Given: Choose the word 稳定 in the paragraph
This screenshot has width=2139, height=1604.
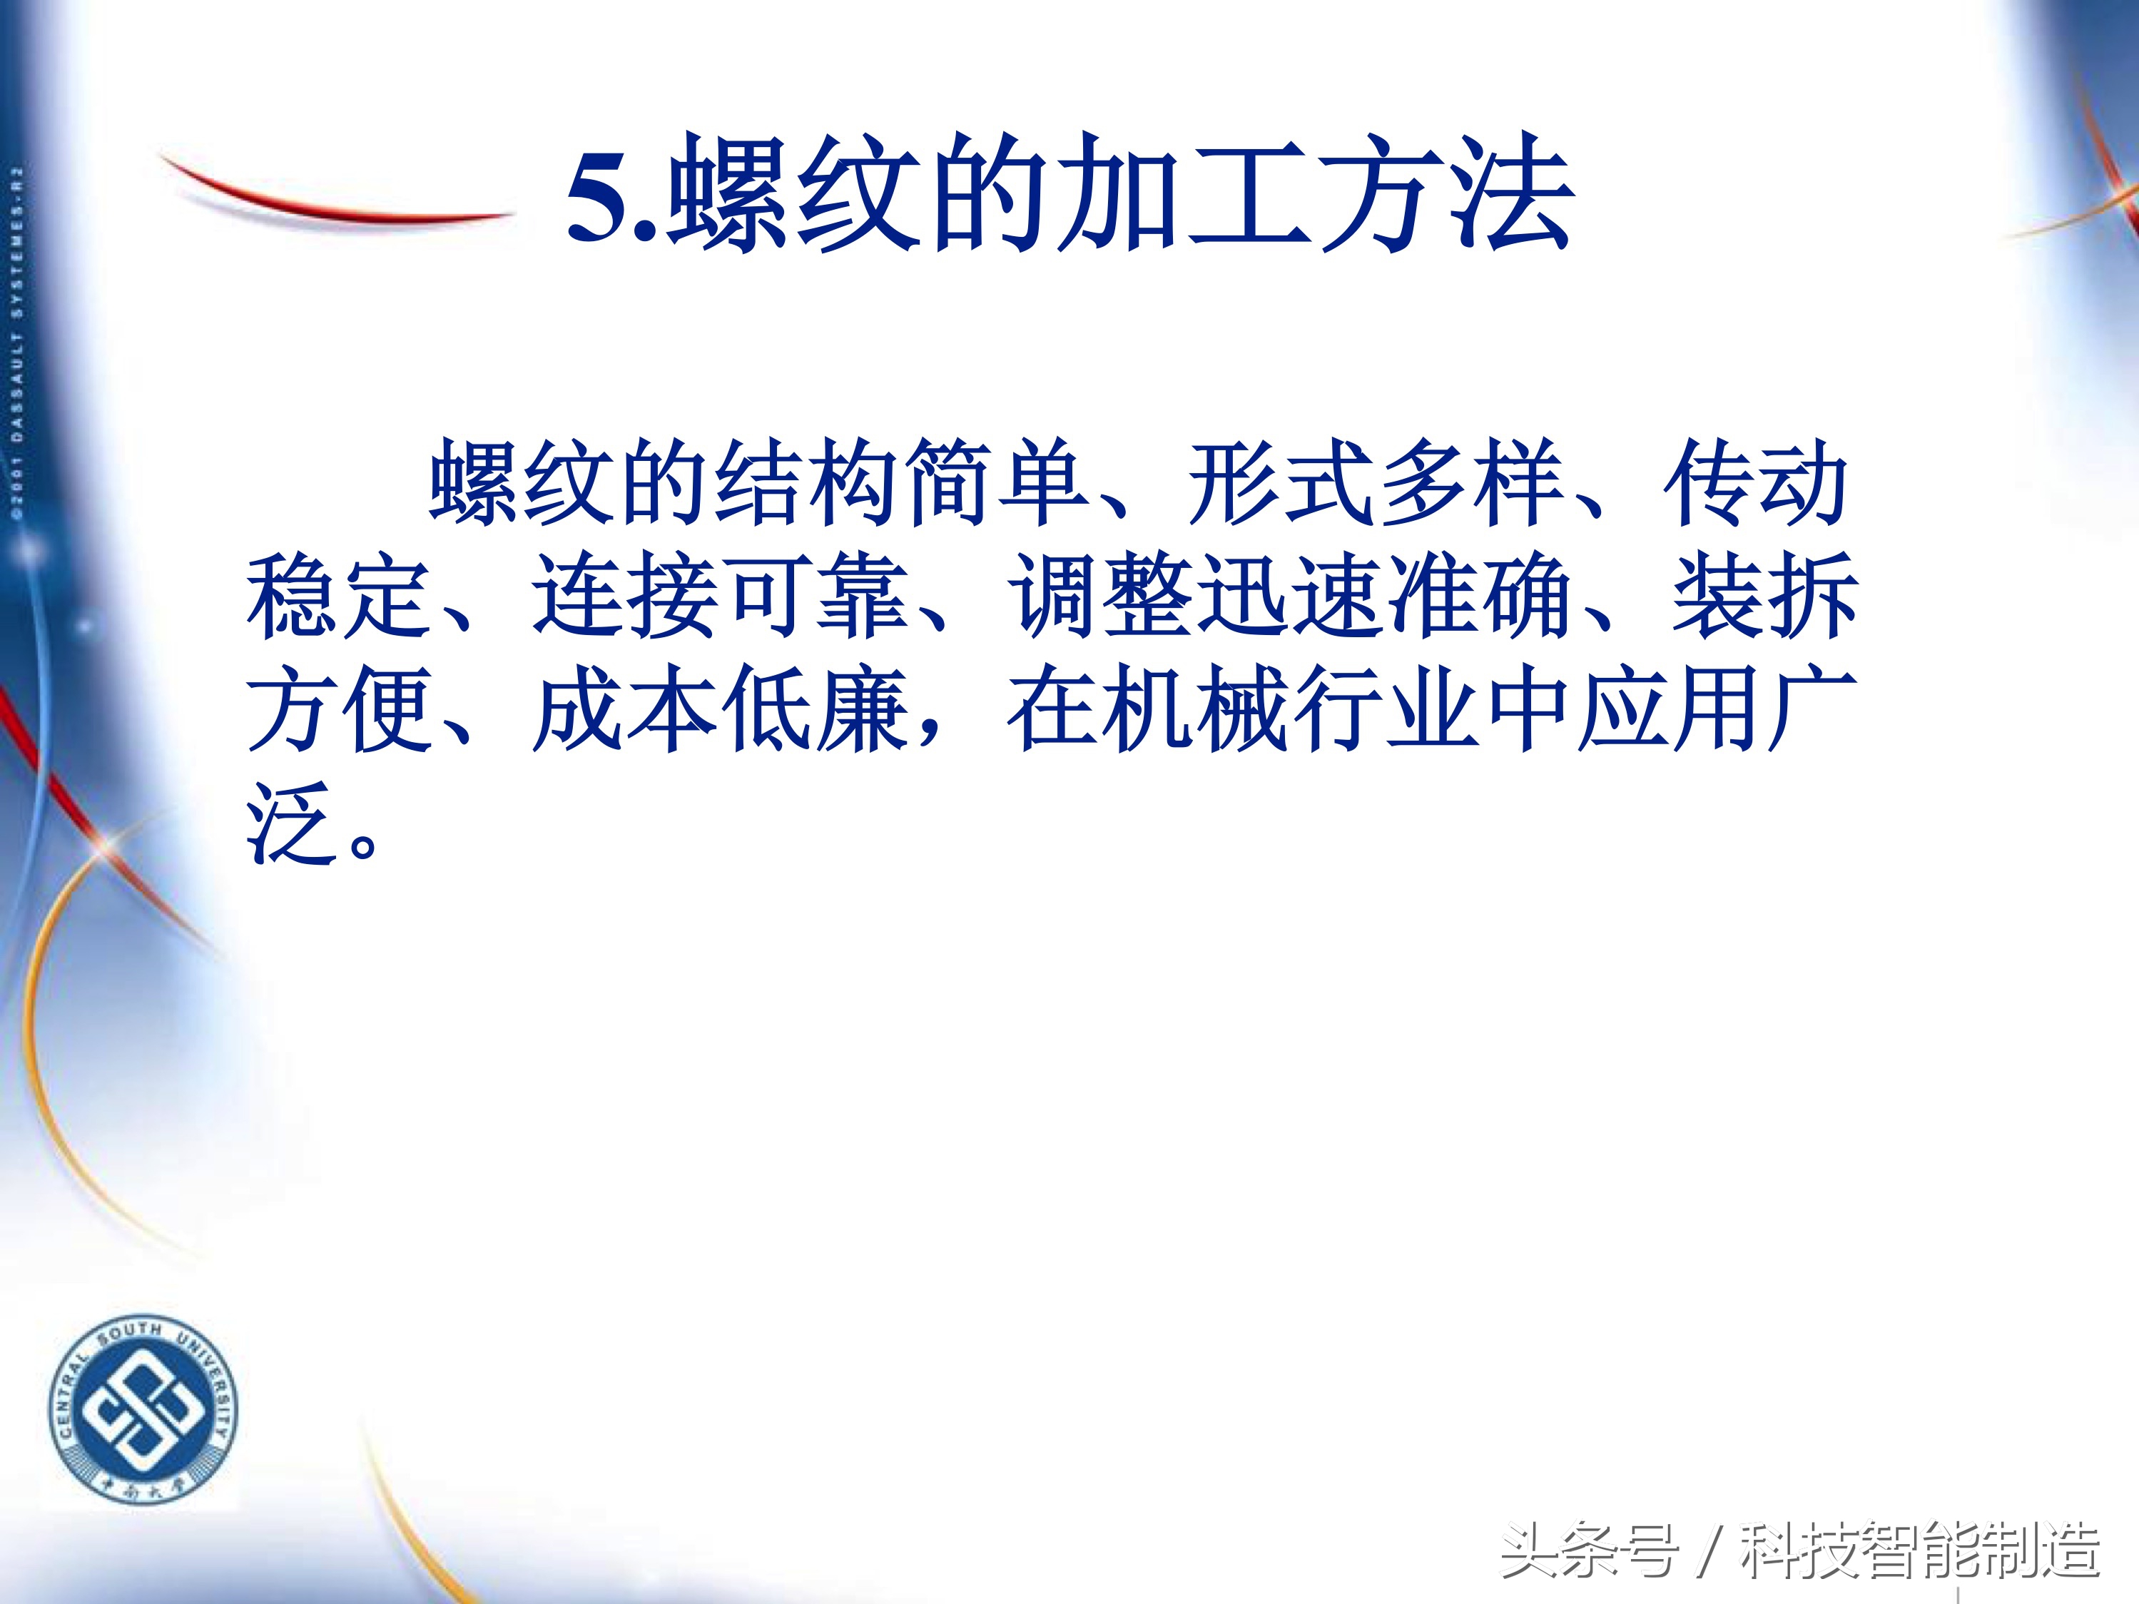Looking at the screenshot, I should point(338,594).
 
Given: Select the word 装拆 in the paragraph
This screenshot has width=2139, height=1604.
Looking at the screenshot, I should point(1764,594).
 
